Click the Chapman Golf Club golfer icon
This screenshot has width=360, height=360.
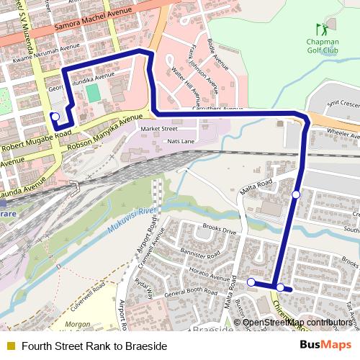tap(321, 30)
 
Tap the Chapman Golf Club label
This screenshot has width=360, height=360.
tap(322, 46)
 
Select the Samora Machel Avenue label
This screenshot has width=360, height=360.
tap(94, 22)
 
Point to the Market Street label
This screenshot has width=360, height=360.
tap(158, 128)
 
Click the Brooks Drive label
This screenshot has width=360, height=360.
tap(220, 231)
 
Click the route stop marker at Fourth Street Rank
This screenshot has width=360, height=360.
tap(55, 116)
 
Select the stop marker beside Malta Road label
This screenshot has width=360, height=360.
tap(296, 194)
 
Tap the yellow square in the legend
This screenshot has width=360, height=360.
tap(9, 346)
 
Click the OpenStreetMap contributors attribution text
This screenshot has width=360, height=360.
tap(297, 322)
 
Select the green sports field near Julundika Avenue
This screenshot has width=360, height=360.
tap(93, 93)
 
